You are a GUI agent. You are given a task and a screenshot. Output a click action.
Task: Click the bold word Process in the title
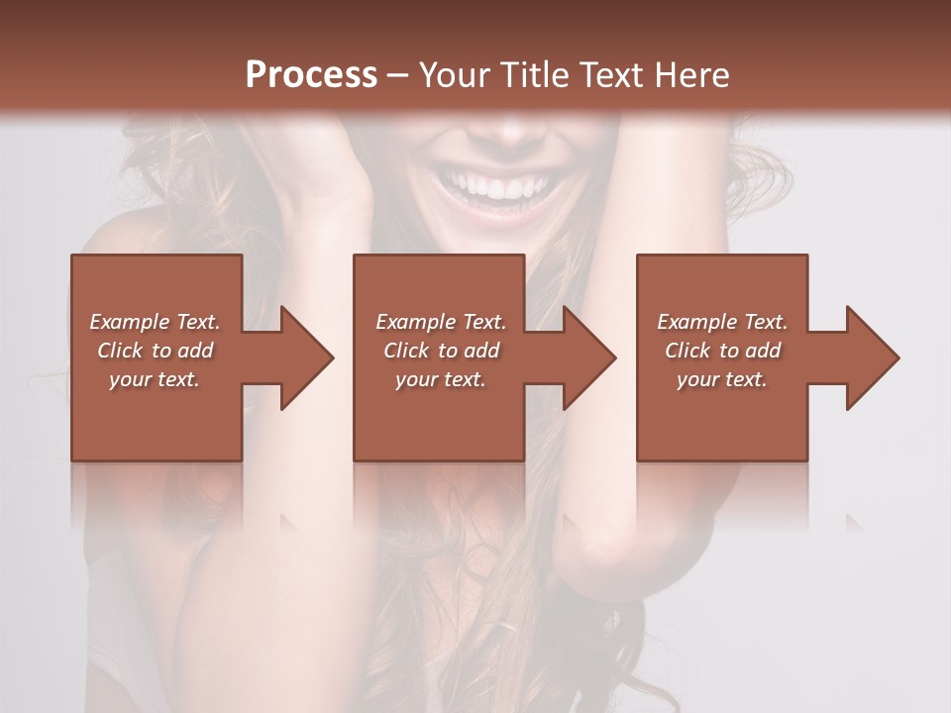point(311,75)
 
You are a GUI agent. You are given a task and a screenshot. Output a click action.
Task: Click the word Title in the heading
point(535,75)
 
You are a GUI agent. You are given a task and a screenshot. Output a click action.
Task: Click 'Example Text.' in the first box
point(155,322)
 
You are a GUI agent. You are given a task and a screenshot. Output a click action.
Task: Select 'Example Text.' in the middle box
point(440,322)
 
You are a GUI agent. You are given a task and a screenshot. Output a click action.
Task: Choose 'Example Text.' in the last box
point(722,322)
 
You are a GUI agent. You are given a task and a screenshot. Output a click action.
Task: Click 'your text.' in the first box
point(155,379)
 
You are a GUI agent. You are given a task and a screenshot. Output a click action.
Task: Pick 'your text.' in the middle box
point(440,379)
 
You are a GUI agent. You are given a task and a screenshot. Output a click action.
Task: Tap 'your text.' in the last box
point(722,379)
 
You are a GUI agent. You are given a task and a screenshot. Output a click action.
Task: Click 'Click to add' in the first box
point(155,351)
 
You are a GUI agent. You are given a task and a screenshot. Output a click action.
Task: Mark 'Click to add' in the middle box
point(441,351)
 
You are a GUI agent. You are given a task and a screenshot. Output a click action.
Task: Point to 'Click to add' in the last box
point(722,351)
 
